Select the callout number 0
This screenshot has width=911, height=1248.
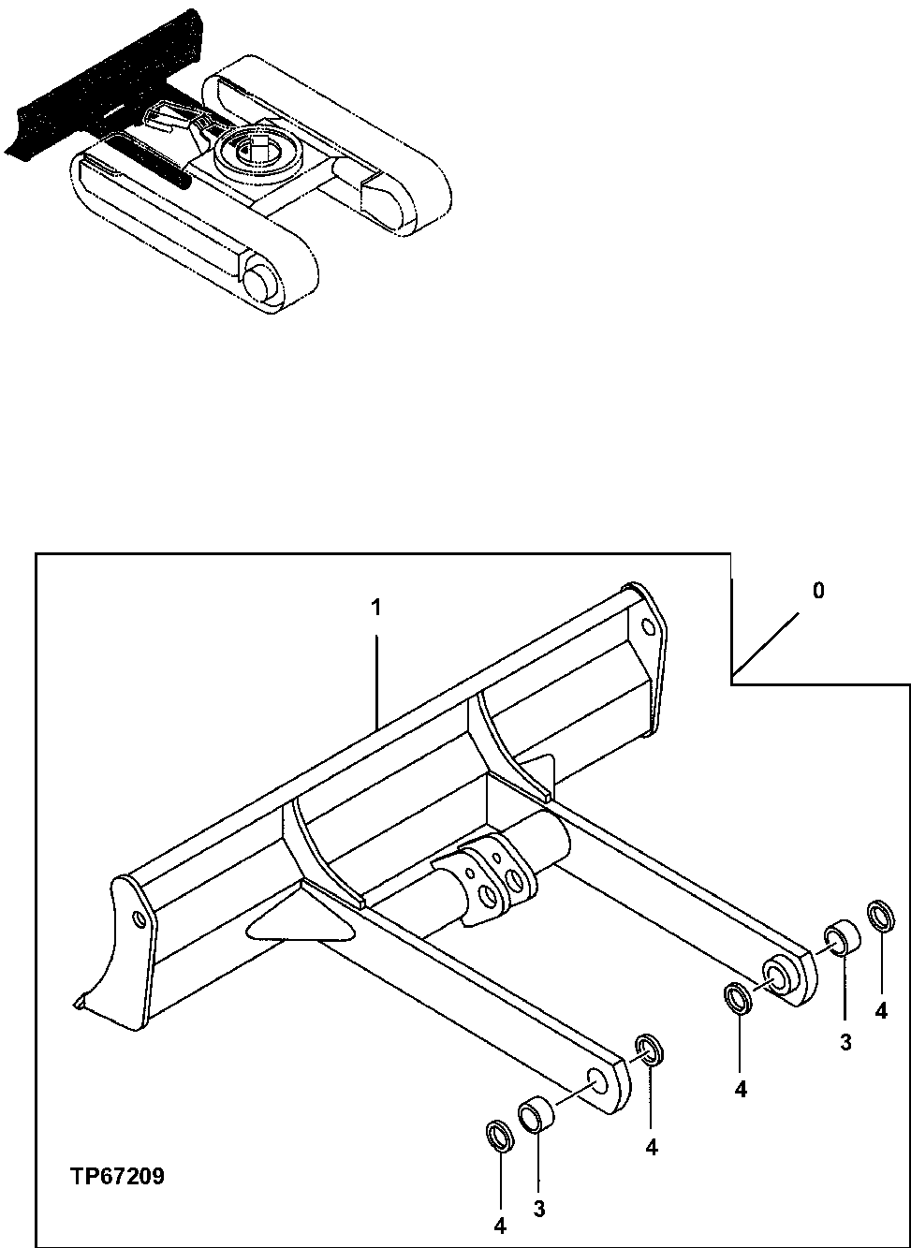(x=818, y=592)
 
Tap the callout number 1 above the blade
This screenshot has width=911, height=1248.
(x=375, y=608)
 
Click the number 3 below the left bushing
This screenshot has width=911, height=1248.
(x=539, y=1210)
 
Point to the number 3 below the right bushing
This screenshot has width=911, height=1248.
(x=845, y=1042)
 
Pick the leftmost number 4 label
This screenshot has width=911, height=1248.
(x=500, y=1225)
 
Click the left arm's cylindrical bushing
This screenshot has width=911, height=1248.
(x=536, y=1116)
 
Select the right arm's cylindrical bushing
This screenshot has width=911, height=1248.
(x=841, y=938)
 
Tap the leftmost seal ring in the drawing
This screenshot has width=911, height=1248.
(x=501, y=1136)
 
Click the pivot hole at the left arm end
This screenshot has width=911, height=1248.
(x=595, y=1089)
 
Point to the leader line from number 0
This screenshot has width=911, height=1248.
(x=767, y=644)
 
